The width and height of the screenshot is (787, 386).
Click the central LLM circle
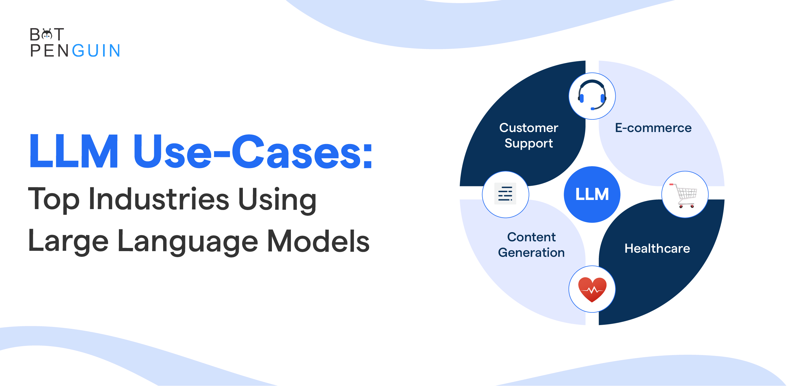coord(592,194)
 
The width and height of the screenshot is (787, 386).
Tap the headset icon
coord(592,95)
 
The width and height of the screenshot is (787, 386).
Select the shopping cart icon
coord(684,195)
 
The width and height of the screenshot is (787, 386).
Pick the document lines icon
coord(505,194)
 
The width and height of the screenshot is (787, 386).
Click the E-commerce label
coord(653,128)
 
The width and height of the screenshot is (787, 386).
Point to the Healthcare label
coord(657,248)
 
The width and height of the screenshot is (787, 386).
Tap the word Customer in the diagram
coord(529,128)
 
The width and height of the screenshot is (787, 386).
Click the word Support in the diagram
coord(529,143)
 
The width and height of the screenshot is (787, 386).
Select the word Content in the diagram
coord(531,237)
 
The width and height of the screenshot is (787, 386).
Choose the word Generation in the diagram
coord(531,252)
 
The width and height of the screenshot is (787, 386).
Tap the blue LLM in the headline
coord(74,151)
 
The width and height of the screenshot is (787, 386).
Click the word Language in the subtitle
coord(188,242)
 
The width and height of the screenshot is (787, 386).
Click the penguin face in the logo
coord(47,34)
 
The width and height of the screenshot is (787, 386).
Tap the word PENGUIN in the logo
coord(75,51)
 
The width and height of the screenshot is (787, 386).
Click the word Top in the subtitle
coord(54,199)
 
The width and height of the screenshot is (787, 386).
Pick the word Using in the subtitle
coord(277,200)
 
